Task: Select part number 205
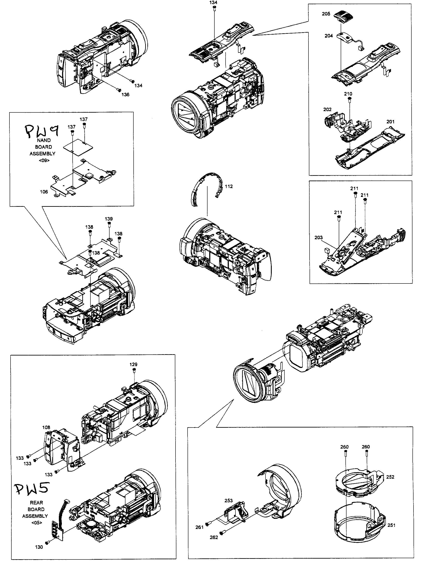click(326, 14)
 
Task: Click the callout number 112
click(229, 186)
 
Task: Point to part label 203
click(318, 238)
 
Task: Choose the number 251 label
click(391, 525)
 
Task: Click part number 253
click(229, 500)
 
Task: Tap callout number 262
click(214, 537)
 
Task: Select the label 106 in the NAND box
click(44, 192)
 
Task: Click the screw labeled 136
click(119, 90)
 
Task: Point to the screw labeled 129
click(134, 370)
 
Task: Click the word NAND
click(44, 140)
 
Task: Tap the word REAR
click(36, 503)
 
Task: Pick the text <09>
click(44, 160)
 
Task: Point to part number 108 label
click(46, 427)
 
